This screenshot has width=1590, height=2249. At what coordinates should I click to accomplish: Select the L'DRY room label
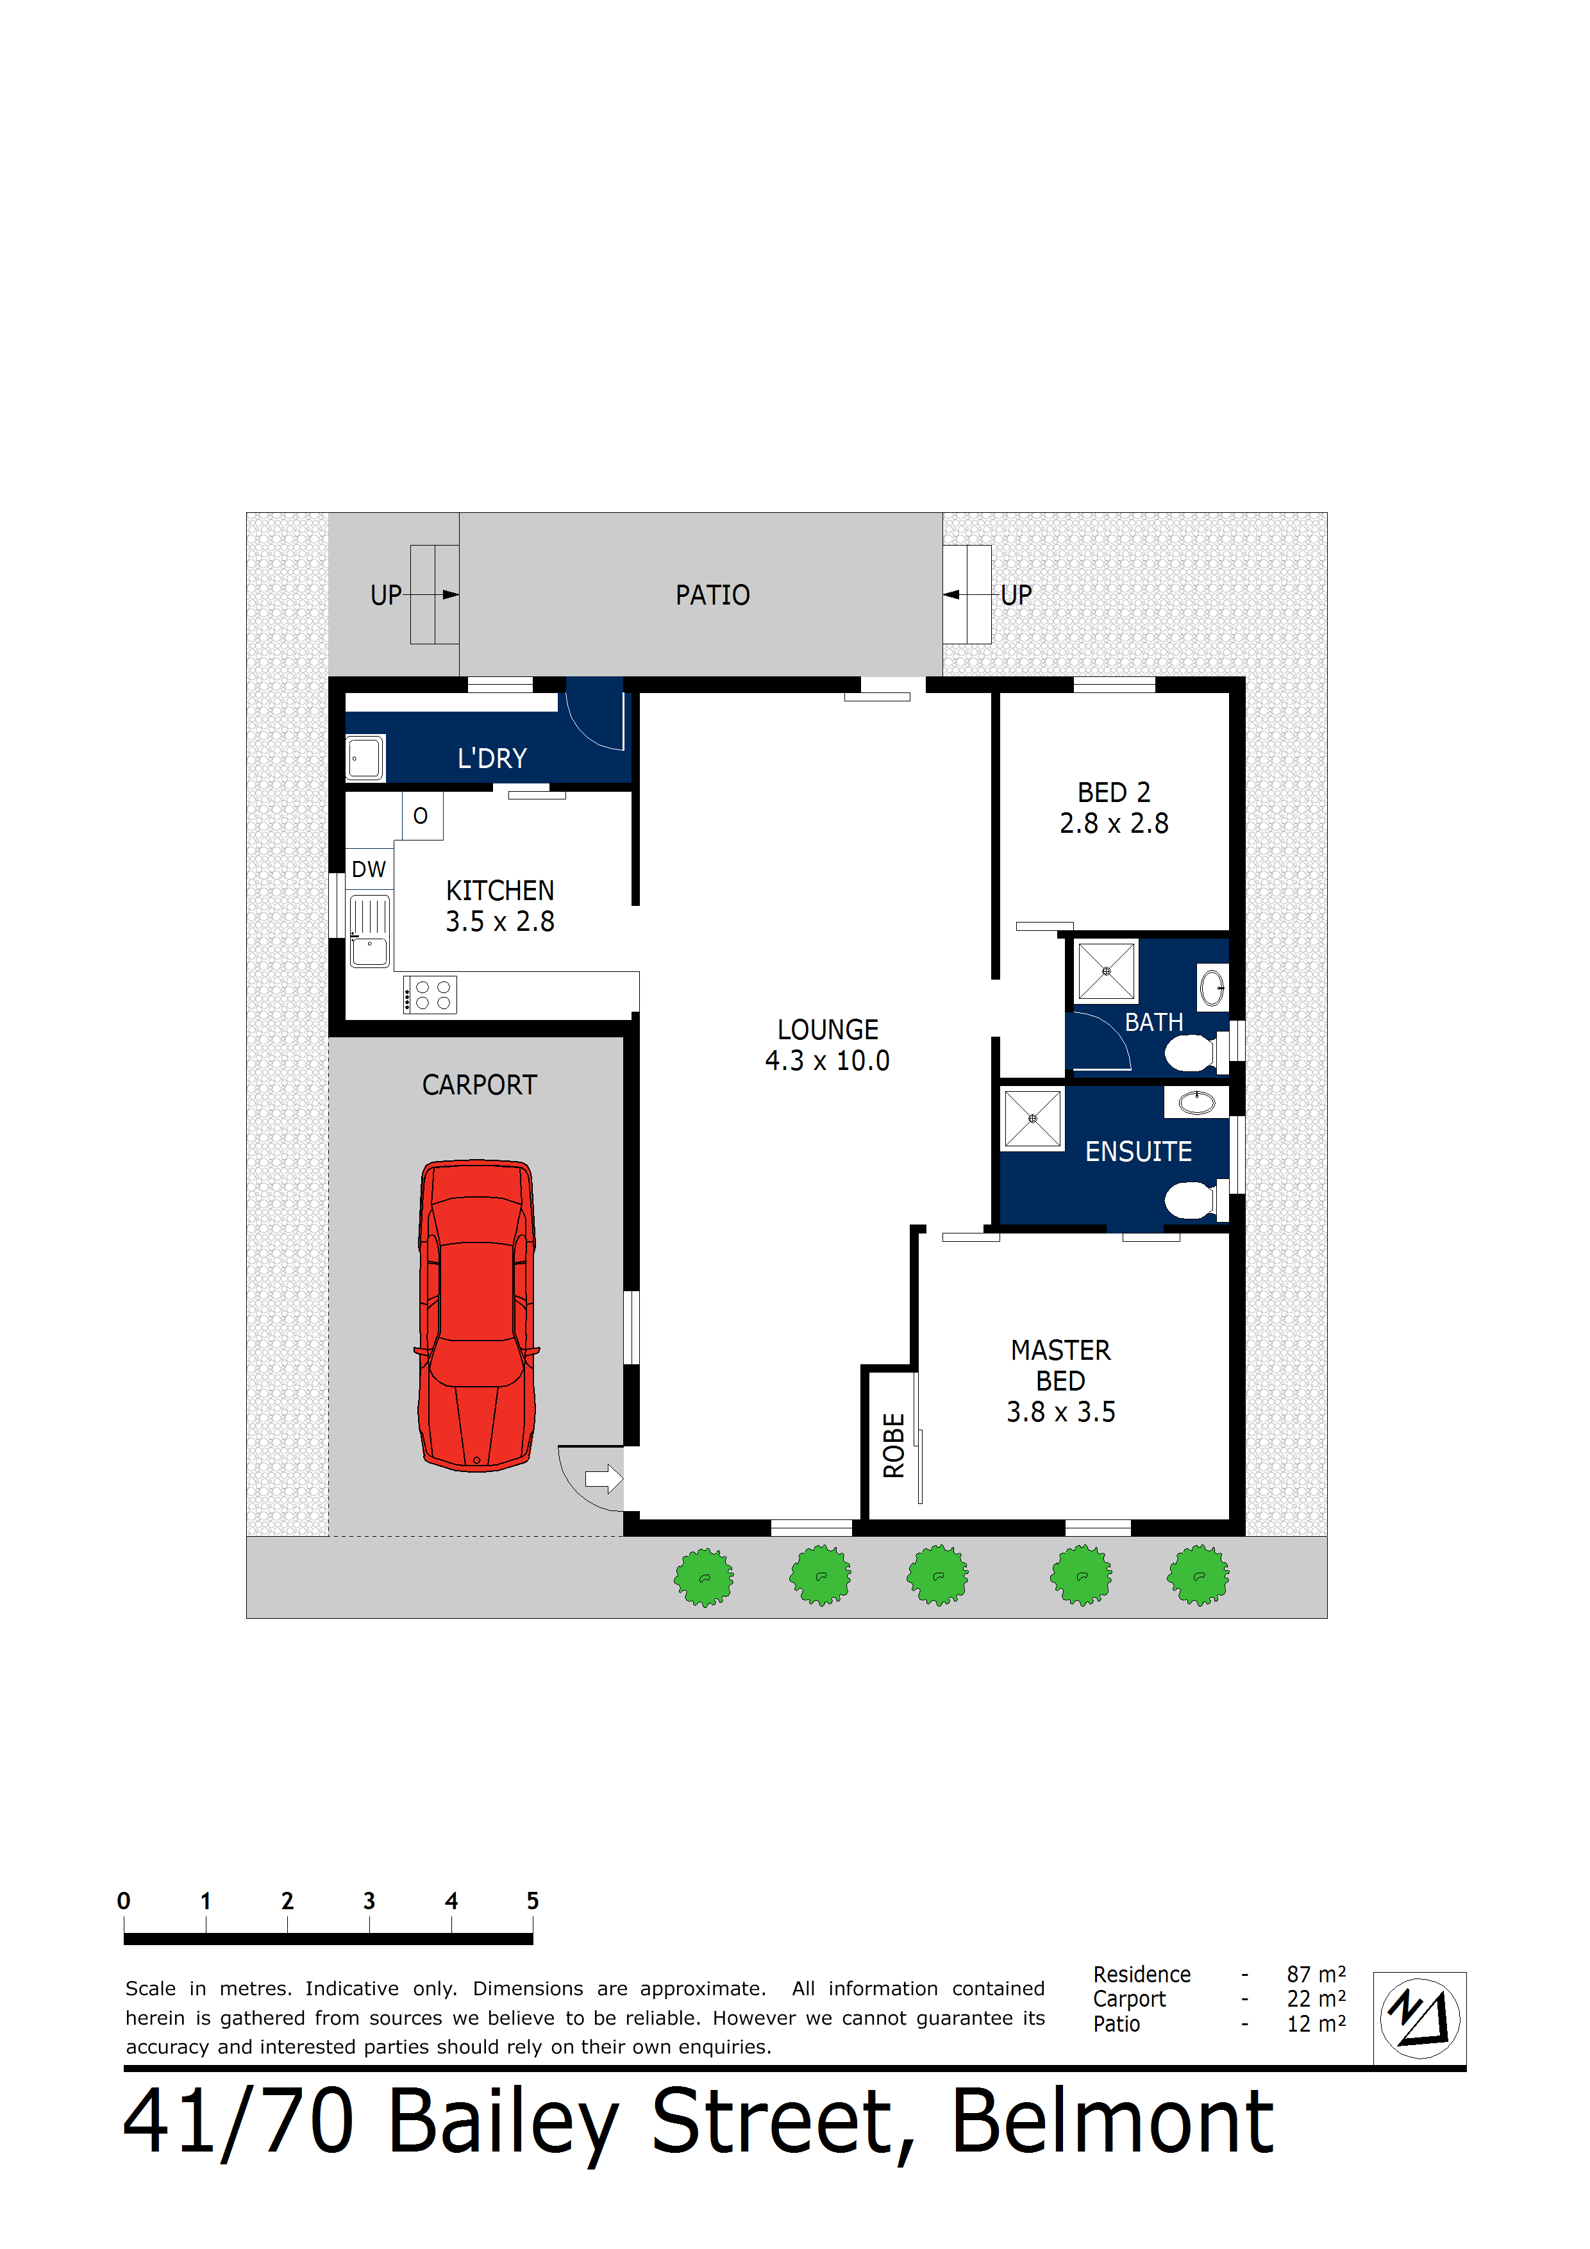pyautogui.click(x=492, y=758)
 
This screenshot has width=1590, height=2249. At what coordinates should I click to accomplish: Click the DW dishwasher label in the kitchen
pyautogui.click(x=369, y=869)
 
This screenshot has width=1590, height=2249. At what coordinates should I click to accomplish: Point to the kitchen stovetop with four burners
pyautogui.click(x=431, y=995)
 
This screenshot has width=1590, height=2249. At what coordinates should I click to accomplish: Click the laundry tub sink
pyautogui.click(x=365, y=757)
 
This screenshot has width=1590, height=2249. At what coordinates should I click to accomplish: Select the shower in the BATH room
pyautogui.click(x=1106, y=971)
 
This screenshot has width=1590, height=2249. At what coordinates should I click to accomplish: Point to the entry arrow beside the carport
pyautogui.click(x=603, y=1478)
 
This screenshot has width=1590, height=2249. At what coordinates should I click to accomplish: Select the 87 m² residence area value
pyautogui.click(x=1316, y=1975)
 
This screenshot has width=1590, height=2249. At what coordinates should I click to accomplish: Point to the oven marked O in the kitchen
pyautogui.click(x=421, y=816)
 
